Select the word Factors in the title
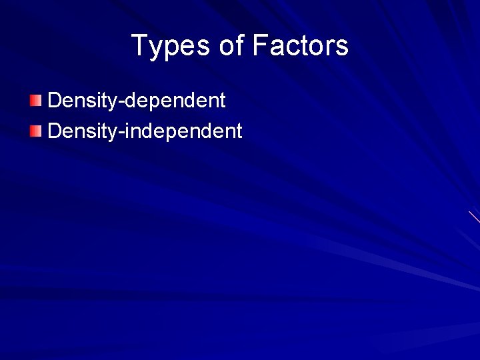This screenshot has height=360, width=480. pyautogui.click(x=300, y=46)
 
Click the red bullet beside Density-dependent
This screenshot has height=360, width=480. pyautogui.click(x=35, y=101)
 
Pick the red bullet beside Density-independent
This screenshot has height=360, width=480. pyautogui.click(x=35, y=131)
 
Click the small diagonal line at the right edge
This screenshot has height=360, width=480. pyautogui.click(x=474, y=217)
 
